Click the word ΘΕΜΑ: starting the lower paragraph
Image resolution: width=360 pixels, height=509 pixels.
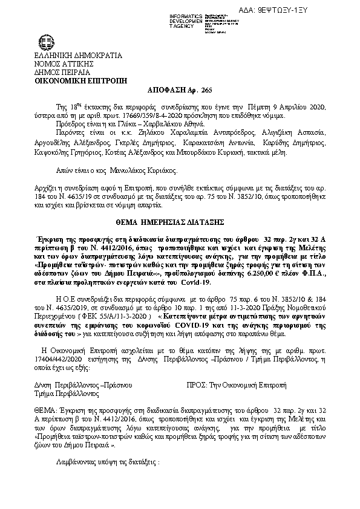(45, 409)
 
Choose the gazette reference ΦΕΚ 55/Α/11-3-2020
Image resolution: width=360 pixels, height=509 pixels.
(113, 316)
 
